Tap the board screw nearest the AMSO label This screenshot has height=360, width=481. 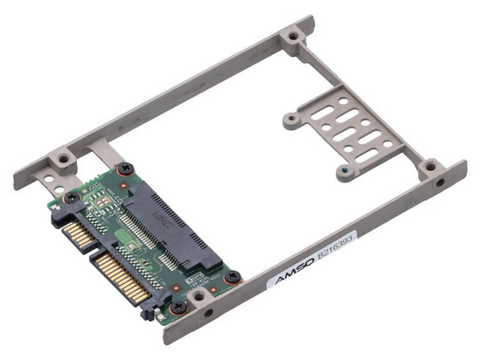pos(233,277)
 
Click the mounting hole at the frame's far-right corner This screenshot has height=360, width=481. pos(429,165)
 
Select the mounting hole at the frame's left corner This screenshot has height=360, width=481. pos(63,160)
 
